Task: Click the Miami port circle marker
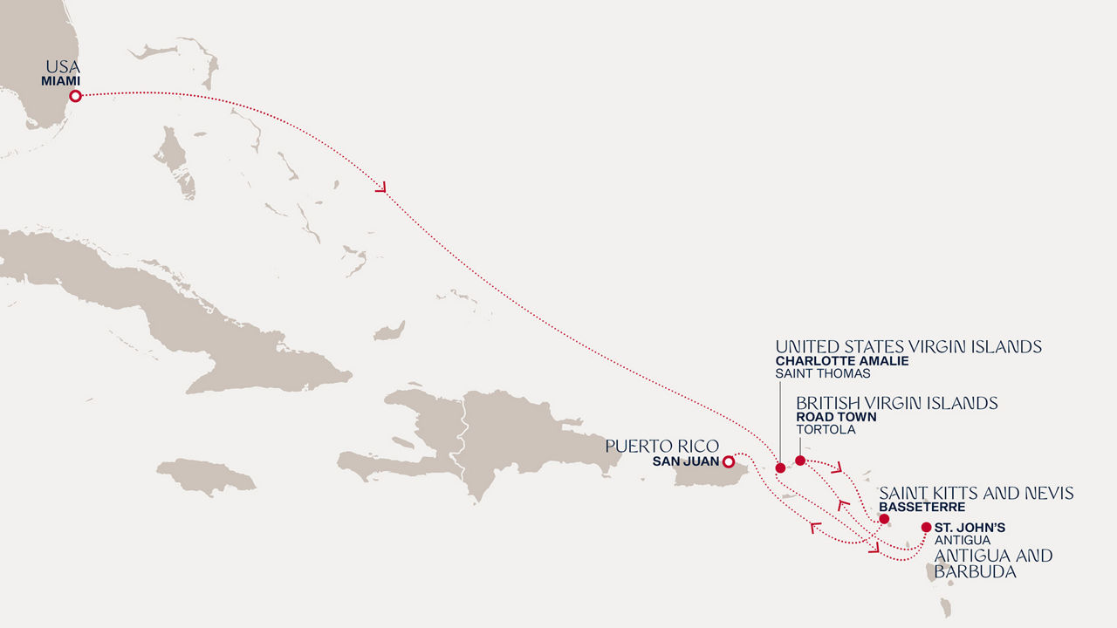tap(76, 96)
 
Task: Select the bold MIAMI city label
tap(61, 81)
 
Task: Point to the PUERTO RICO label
tap(662, 447)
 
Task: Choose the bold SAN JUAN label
tap(685, 462)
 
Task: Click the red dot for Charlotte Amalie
tap(780, 468)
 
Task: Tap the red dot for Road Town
tap(800, 460)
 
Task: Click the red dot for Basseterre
tap(884, 519)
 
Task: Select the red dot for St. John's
tap(926, 527)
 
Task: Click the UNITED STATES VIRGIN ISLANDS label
tap(908, 347)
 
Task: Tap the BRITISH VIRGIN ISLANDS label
tap(896, 403)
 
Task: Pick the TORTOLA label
tap(826, 430)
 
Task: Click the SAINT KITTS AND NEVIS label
tap(976, 494)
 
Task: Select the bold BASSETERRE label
tap(922, 507)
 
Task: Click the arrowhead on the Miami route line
tap(381, 186)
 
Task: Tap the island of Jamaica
tap(206, 476)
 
